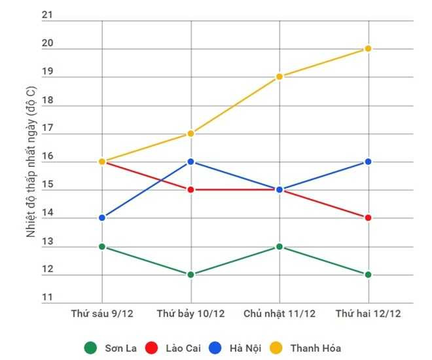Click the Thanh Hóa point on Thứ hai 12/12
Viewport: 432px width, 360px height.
point(368,48)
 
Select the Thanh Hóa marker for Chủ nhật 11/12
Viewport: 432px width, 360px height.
point(279,77)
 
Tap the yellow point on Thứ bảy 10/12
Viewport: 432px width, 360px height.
point(190,134)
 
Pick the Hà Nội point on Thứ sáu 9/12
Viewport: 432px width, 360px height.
point(102,218)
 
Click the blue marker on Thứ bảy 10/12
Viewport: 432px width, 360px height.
point(190,162)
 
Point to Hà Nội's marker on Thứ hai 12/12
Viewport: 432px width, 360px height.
point(368,162)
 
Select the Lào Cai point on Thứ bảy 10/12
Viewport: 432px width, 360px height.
point(190,190)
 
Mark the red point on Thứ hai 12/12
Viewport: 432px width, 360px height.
point(368,218)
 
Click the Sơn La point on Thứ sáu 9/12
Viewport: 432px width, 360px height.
point(102,247)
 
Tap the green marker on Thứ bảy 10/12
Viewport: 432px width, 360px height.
point(190,275)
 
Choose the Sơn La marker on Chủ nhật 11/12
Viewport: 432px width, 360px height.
point(279,247)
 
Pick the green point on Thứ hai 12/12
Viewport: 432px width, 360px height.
point(368,275)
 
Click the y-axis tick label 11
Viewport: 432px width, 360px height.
point(46,298)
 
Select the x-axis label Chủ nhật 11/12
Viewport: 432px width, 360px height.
point(279,314)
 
